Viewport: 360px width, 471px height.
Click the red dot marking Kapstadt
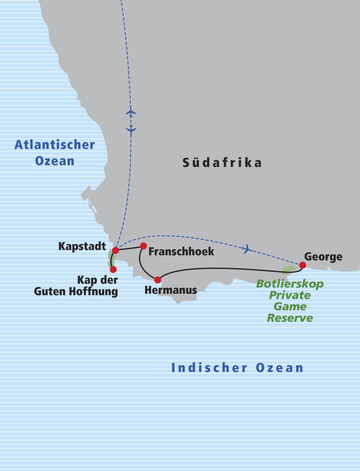point(116,250)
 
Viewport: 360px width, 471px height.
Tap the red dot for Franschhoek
point(143,246)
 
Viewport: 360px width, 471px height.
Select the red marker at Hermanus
point(158,280)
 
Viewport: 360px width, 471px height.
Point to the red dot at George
point(302,265)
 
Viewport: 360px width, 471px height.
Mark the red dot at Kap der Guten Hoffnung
point(113,270)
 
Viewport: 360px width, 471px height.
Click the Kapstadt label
point(82,246)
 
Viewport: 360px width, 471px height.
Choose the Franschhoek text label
point(181,251)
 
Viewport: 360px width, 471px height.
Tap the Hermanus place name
point(171,290)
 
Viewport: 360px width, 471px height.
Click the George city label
point(323,257)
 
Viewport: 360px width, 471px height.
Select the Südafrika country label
point(222,163)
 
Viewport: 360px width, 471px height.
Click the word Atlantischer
point(55,145)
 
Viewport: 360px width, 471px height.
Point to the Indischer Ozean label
point(237,368)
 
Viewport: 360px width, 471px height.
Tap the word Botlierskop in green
point(290,284)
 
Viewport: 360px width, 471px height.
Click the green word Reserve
point(290,318)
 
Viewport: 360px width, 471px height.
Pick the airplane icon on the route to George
point(246,249)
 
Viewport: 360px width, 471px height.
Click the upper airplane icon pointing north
point(131,112)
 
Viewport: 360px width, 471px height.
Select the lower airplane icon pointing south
point(131,130)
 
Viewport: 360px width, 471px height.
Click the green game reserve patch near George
point(288,270)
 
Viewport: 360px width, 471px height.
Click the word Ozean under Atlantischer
point(55,161)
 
